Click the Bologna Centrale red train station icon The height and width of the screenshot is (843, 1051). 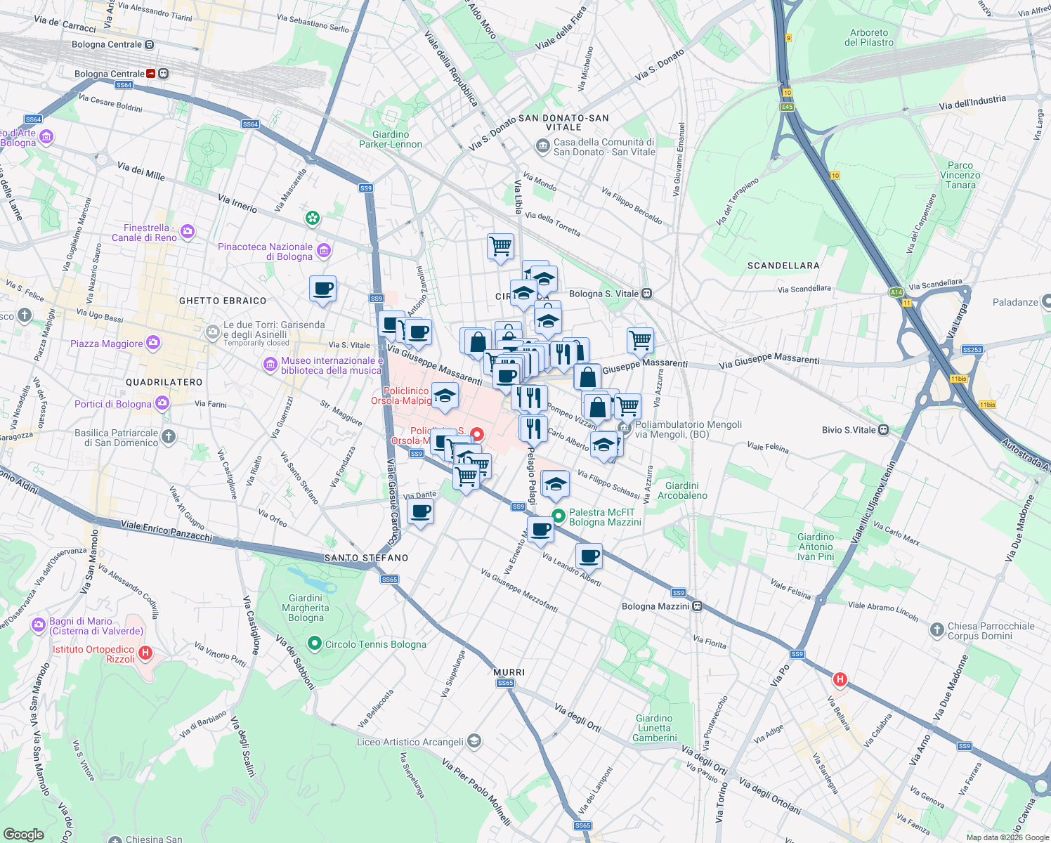[x=151, y=74]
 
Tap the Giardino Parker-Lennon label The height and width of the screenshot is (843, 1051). [x=391, y=139]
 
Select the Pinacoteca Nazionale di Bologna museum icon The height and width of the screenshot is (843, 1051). [x=324, y=251]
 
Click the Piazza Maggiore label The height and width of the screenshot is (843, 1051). [x=107, y=344]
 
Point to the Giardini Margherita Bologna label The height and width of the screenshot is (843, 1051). [x=306, y=608]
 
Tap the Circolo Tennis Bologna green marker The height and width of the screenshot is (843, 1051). [x=315, y=643]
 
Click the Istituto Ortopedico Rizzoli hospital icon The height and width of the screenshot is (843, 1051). [x=145, y=653]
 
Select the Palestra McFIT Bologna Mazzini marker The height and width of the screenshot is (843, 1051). [x=559, y=516]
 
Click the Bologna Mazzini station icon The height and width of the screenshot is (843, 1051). [x=697, y=606]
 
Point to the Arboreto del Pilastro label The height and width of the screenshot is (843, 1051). [x=869, y=37]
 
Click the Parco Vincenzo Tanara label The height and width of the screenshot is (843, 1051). [x=960, y=175]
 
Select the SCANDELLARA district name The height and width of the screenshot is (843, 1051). [x=783, y=266]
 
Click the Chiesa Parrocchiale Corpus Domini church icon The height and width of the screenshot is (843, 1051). [x=936, y=630]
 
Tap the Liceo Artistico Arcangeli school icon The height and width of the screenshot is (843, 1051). [x=474, y=741]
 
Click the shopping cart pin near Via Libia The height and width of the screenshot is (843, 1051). [x=500, y=247]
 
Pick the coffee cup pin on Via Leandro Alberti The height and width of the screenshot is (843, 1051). [x=589, y=556]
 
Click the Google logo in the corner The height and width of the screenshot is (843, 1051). [x=23, y=834]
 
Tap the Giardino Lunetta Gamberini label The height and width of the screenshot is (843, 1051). [x=654, y=728]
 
